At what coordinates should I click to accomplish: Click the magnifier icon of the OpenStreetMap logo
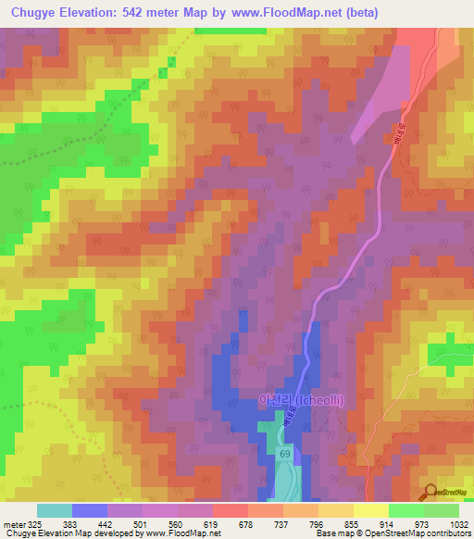pyautogui.click(x=429, y=492)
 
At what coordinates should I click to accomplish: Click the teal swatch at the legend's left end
pyautogui.click(x=55, y=510)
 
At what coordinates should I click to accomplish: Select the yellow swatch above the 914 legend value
pyautogui.click(x=370, y=510)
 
